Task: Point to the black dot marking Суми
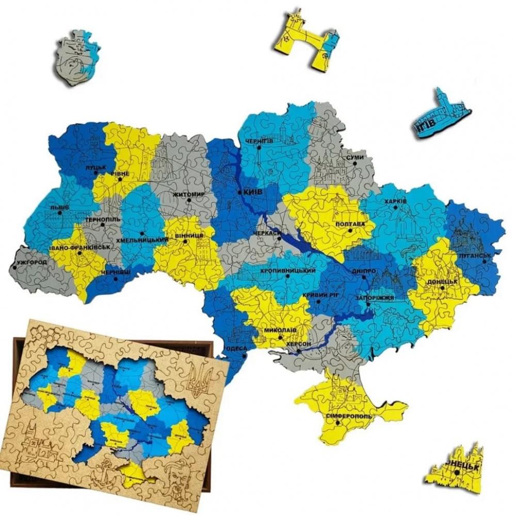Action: tap(355, 163)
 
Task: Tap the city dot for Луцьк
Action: tap(95, 173)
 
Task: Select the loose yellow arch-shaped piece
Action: tap(308, 40)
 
